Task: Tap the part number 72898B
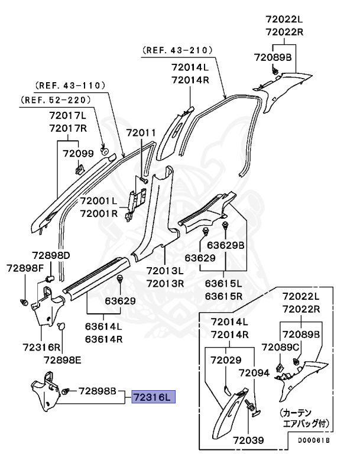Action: (x=99, y=391)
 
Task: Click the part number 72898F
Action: (x=25, y=268)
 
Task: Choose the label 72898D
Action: (x=51, y=255)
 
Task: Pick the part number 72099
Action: (x=78, y=154)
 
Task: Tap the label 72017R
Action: (x=68, y=128)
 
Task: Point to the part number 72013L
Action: (x=166, y=271)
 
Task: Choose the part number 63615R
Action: (x=225, y=296)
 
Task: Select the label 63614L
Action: (x=103, y=326)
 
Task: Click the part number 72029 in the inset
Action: (x=228, y=360)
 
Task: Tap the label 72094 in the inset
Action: (x=254, y=373)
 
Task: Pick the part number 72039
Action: (x=248, y=441)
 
